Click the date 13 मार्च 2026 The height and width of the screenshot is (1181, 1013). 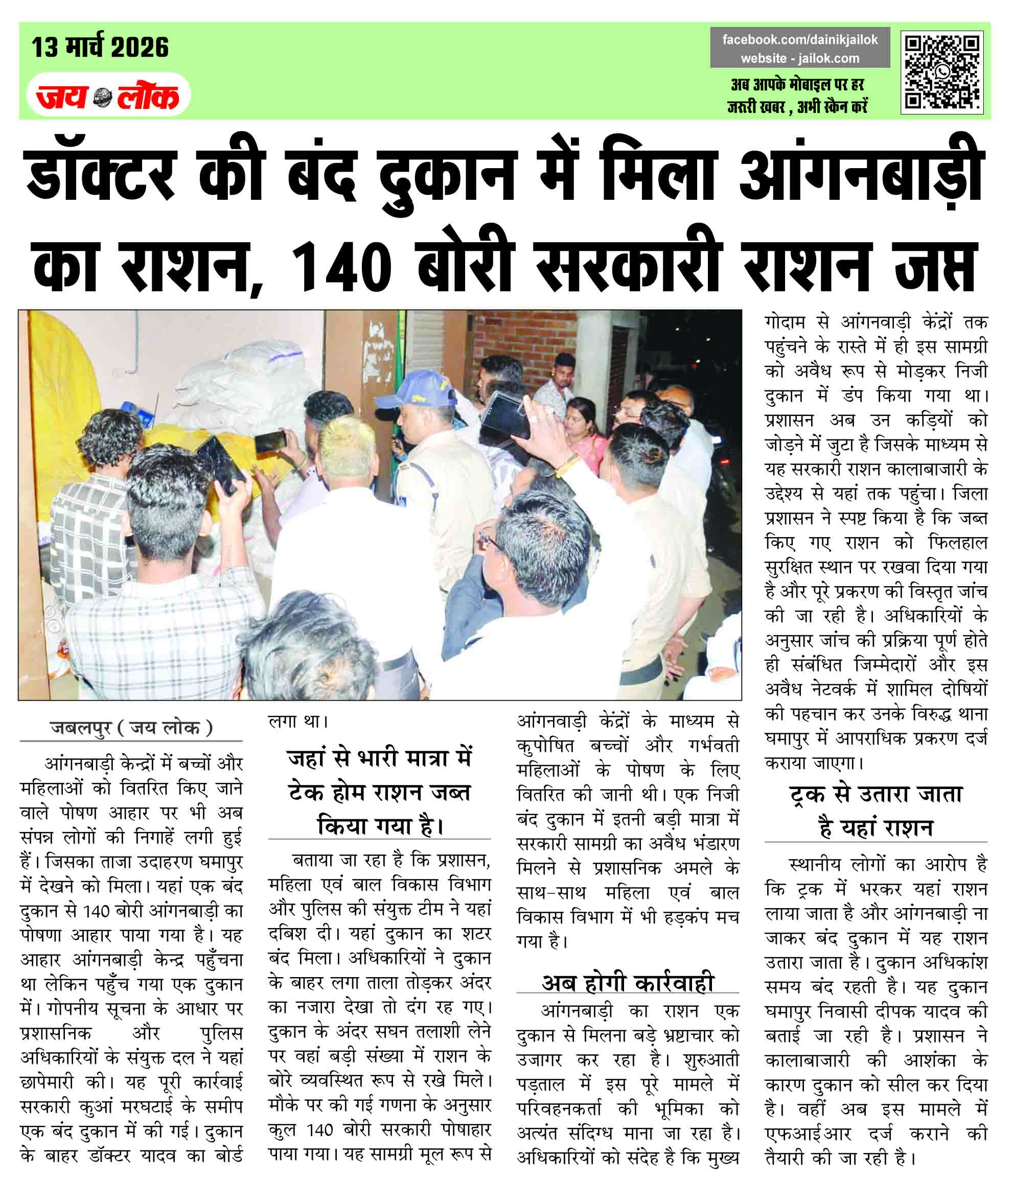100,48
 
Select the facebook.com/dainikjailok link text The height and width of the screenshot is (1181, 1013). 800,40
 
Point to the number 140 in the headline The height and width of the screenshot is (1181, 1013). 341,267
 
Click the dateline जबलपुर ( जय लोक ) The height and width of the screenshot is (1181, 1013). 131,728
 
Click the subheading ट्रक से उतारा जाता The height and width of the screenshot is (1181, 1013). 876,794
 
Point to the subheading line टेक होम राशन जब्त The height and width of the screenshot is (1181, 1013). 379,792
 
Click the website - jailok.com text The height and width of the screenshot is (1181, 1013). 800,58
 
